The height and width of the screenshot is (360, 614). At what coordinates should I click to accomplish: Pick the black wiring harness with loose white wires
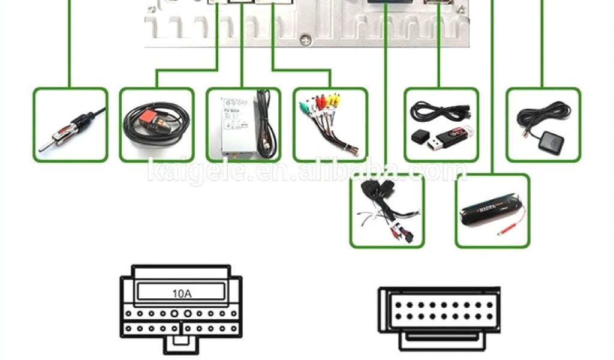point(384,207)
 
